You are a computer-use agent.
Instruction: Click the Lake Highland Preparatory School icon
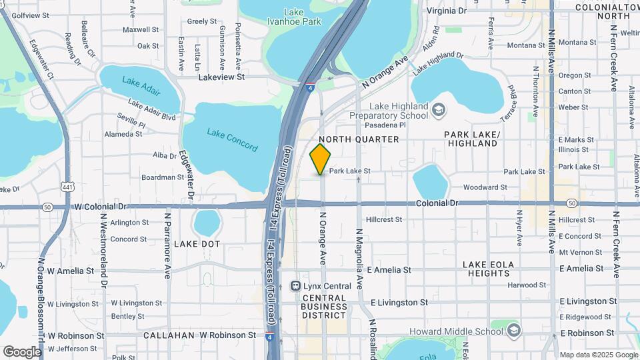point(439,109)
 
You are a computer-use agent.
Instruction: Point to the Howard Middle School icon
point(513,331)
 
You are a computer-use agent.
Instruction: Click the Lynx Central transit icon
point(295,285)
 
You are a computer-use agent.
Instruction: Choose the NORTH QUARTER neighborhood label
point(359,139)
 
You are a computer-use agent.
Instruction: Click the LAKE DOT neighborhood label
point(197,244)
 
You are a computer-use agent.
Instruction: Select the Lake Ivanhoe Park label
point(303,17)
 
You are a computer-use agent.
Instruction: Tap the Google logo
point(22,351)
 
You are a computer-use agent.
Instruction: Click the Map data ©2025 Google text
point(598,355)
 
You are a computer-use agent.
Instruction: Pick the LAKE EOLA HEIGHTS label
point(489,269)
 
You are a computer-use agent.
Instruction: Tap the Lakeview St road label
point(222,77)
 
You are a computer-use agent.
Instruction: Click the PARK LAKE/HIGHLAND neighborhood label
point(472,139)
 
